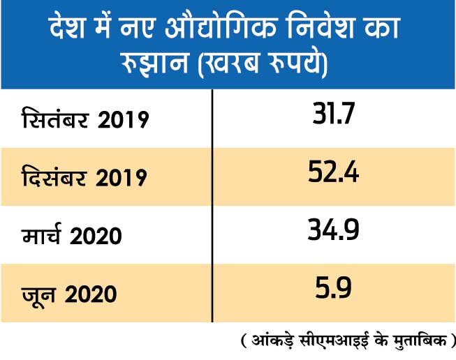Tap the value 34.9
click(333, 230)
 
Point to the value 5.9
click(333, 287)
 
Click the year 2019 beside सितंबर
click(123, 120)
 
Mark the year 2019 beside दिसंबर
click(122, 177)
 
